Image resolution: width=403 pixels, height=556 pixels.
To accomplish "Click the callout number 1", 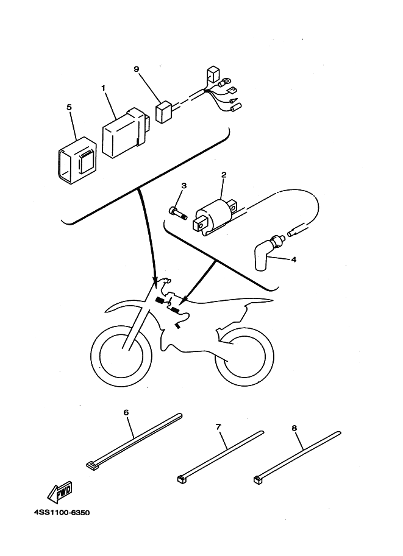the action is [x=104, y=88].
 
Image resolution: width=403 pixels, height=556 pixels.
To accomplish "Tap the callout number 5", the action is [x=69, y=108].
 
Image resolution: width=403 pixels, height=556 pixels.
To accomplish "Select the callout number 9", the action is [x=137, y=69].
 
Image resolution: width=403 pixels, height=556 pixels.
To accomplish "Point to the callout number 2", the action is [x=224, y=175].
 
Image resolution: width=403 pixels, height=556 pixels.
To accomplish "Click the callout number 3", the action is [x=184, y=186].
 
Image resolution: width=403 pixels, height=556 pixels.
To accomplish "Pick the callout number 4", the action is [x=294, y=259].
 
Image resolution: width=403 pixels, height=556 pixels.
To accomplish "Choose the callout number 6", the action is [x=126, y=412].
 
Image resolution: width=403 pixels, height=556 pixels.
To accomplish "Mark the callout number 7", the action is [x=218, y=427].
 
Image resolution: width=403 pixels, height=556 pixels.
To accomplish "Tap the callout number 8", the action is [x=294, y=428].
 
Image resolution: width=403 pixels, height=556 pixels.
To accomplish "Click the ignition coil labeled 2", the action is [x=214, y=216].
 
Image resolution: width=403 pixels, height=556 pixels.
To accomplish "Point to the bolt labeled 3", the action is [x=176, y=211].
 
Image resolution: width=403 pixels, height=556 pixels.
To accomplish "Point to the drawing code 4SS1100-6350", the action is [x=62, y=513].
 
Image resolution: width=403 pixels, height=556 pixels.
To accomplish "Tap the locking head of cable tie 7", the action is [x=181, y=479].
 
